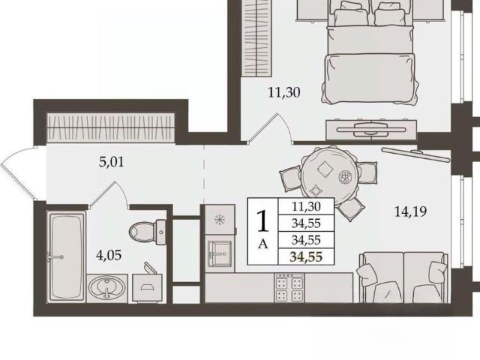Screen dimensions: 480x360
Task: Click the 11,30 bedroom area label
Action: (283, 92)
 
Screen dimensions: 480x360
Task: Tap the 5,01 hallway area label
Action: (112, 162)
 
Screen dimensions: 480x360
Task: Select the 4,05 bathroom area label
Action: (109, 255)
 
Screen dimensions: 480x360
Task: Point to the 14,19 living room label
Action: (410, 211)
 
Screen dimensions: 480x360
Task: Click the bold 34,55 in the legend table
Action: (306, 256)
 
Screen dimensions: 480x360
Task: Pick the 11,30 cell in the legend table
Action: (306, 206)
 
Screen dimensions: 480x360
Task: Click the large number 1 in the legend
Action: (262, 221)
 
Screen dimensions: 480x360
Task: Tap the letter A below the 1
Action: (263, 244)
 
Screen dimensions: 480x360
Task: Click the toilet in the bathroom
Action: (147, 232)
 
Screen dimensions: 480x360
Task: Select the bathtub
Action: (66, 257)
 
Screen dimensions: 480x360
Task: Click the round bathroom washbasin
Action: (106, 288)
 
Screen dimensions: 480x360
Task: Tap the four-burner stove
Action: (289, 288)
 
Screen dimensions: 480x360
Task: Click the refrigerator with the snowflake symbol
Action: (220, 220)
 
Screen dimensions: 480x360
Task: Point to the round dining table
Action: (328, 175)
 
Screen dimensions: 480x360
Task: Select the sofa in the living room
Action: (403, 277)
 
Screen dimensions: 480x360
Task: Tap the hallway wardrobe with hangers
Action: (110, 127)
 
